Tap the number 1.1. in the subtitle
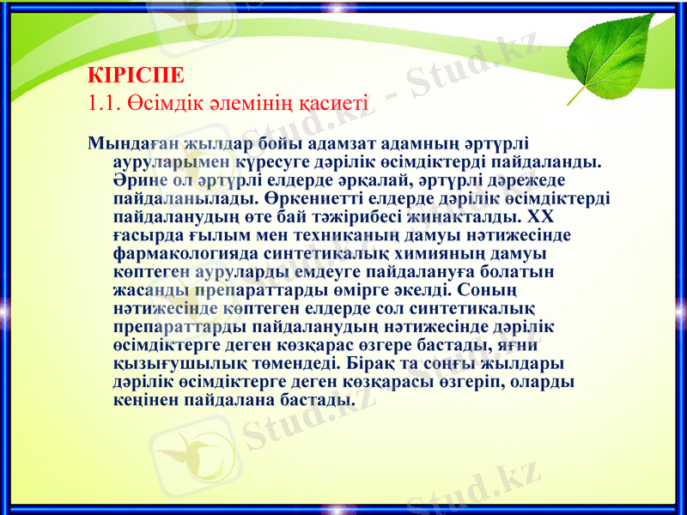click(x=106, y=102)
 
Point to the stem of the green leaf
click(x=578, y=94)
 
